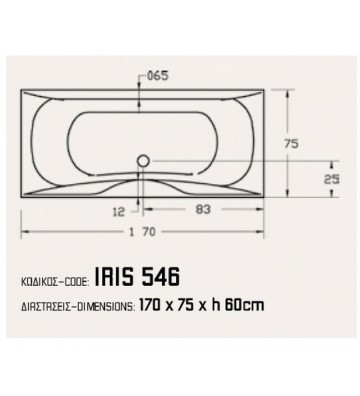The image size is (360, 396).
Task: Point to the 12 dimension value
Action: click(x=119, y=212)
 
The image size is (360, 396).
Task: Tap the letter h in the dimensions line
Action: click(x=222, y=306)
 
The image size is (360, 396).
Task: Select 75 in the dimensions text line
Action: click(x=204, y=306)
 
